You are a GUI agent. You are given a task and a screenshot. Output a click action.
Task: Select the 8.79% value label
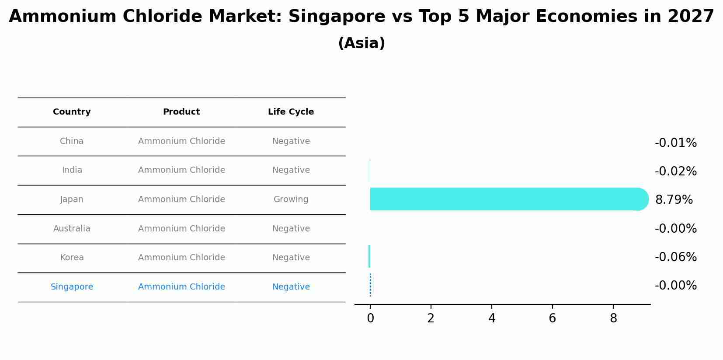(x=674, y=200)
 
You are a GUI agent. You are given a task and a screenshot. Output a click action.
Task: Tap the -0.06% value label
(x=675, y=257)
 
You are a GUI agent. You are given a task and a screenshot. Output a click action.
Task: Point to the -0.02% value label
(x=675, y=171)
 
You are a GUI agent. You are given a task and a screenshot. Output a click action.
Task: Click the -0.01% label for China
(x=675, y=143)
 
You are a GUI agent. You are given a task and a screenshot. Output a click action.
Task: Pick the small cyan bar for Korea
(x=369, y=256)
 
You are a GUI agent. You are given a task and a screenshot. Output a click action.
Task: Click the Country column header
(x=72, y=112)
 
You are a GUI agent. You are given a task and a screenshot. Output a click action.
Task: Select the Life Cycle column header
(x=291, y=112)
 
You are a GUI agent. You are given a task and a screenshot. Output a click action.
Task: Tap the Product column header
(x=181, y=112)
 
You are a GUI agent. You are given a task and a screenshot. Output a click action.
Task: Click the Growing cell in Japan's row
(x=291, y=199)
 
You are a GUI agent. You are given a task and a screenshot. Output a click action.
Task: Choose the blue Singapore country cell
(x=72, y=287)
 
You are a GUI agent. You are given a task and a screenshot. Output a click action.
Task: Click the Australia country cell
(x=72, y=229)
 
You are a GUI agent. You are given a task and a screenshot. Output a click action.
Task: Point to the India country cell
(x=72, y=170)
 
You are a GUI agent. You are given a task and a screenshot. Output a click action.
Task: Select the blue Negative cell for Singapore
(x=291, y=287)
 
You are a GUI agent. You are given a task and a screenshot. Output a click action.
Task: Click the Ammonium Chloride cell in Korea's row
(x=181, y=258)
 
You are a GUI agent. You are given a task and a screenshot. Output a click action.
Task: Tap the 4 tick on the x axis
(x=492, y=318)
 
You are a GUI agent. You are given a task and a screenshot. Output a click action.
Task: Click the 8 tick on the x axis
(x=613, y=318)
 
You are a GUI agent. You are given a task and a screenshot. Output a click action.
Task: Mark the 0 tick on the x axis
(x=370, y=318)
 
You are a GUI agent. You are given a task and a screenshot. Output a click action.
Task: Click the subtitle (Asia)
(x=361, y=43)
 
